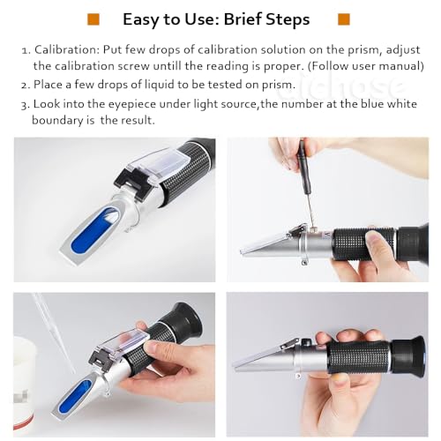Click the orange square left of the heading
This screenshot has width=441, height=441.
click(x=93, y=19)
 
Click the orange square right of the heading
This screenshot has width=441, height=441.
click(x=344, y=19)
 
